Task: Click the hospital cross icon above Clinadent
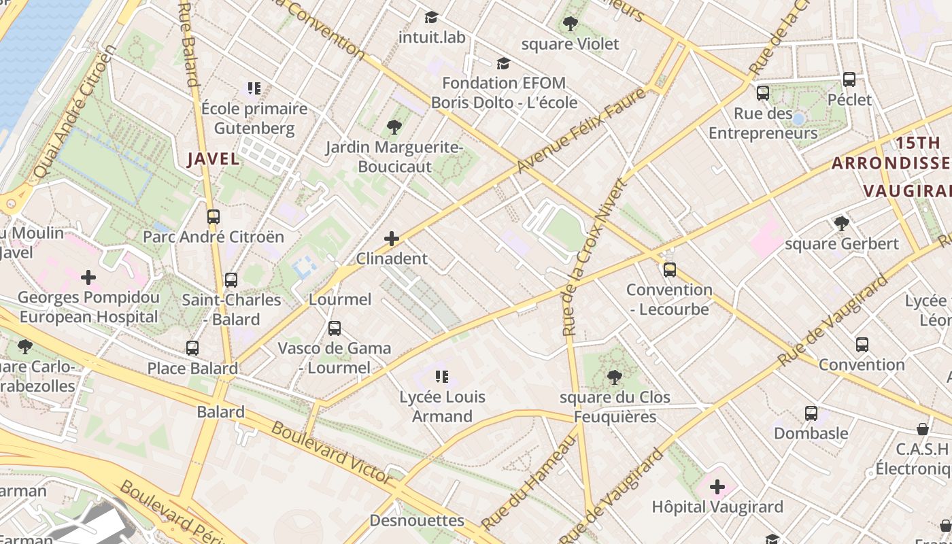pyautogui.click(x=392, y=239)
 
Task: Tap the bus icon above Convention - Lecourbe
pyautogui.click(x=670, y=270)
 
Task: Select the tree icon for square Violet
pyautogui.click(x=571, y=24)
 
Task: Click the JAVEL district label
pyautogui.click(x=214, y=159)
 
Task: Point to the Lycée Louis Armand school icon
pyautogui.click(x=442, y=376)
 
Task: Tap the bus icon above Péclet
pyautogui.click(x=849, y=80)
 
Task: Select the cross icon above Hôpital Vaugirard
pyautogui.click(x=717, y=487)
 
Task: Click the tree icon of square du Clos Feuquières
pyautogui.click(x=615, y=377)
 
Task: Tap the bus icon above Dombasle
pyautogui.click(x=811, y=413)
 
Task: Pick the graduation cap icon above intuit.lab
pyautogui.click(x=431, y=17)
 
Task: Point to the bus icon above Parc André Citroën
pyautogui.click(x=214, y=217)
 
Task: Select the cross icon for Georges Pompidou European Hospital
pyautogui.click(x=88, y=277)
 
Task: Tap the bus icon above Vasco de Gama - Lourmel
pyautogui.click(x=335, y=328)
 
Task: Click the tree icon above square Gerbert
pyautogui.click(x=841, y=224)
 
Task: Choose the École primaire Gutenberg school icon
pyautogui.click(x=254, y=88)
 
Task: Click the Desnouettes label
pyautogui.click(x=417, y=521)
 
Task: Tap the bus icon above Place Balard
pyautogui.click(x=192, y=348)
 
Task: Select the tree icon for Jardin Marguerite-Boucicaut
pyautogui.click(x=394, y=126)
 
